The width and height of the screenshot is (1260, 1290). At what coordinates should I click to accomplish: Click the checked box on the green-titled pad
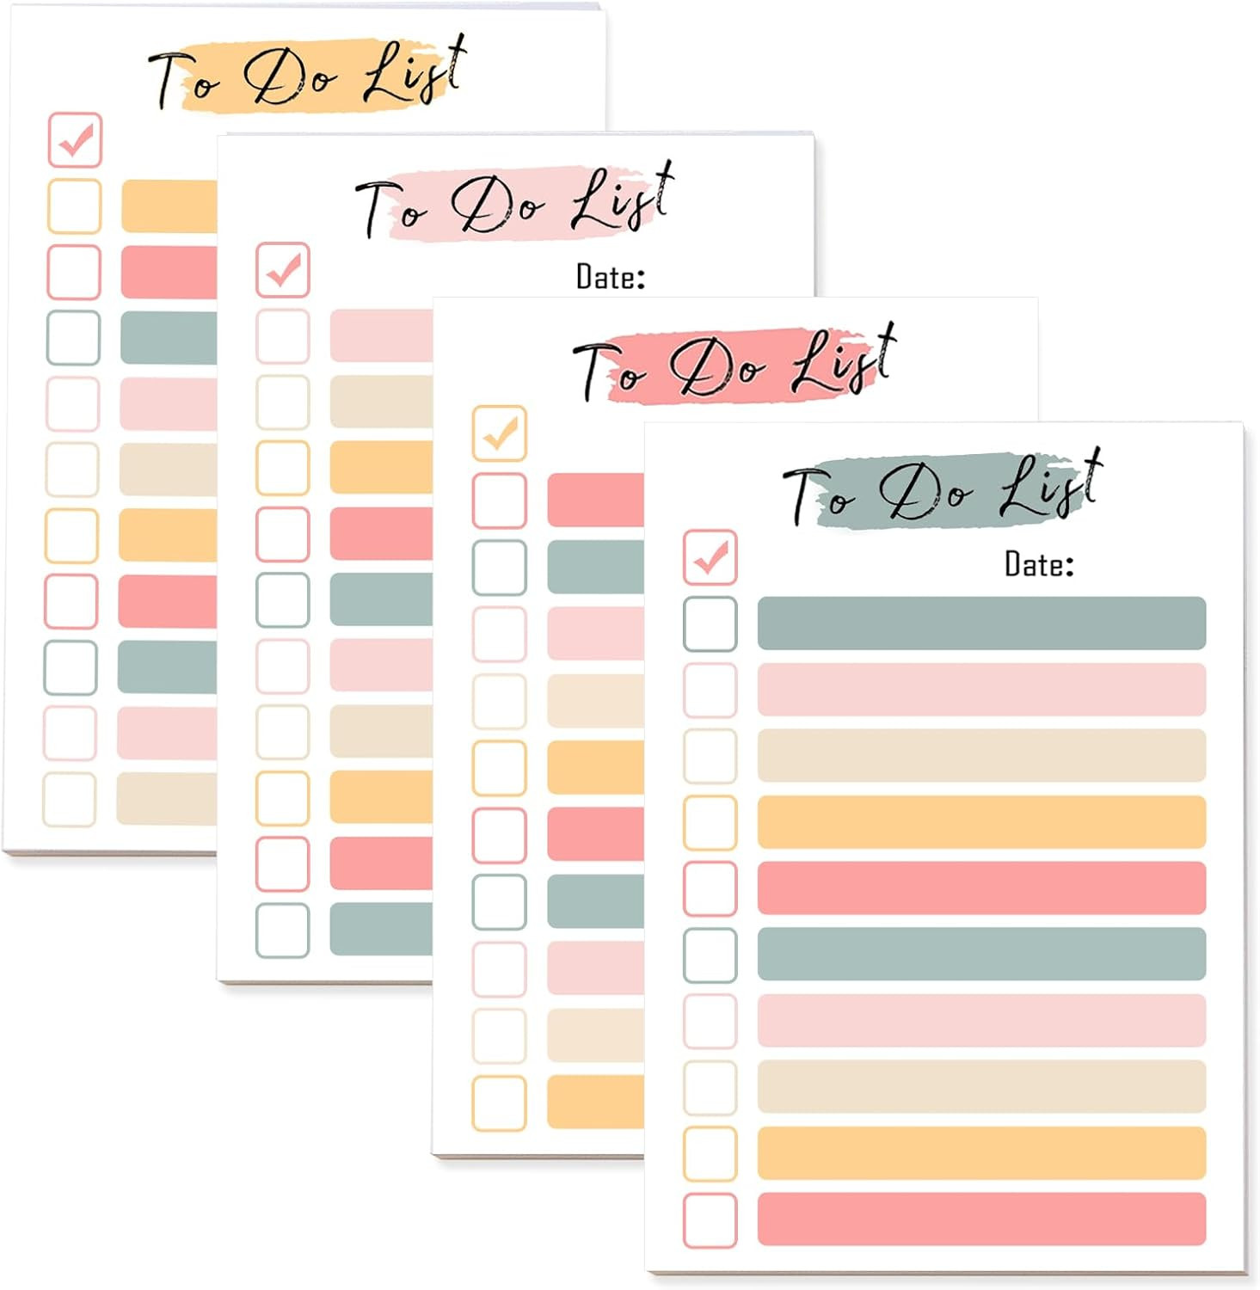click(710, 556)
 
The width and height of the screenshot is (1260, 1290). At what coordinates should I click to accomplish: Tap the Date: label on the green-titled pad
click(1039, 564)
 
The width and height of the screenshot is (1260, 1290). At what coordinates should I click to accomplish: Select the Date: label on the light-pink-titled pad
click(611, 277)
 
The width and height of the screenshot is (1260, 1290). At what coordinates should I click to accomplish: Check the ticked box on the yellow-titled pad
click(75, 139)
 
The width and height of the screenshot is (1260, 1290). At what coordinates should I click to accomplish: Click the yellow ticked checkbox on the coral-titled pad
click(500, 433)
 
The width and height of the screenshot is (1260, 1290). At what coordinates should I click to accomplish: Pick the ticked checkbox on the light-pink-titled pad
click(283, 270)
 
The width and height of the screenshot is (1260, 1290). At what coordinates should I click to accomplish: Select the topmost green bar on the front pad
click(981, 623)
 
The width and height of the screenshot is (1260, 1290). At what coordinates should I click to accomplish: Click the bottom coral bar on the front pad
click(981, 1219)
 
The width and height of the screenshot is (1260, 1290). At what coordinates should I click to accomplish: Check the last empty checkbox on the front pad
click(710, 1220)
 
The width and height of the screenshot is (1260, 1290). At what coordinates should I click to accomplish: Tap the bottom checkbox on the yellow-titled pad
click(70, 800)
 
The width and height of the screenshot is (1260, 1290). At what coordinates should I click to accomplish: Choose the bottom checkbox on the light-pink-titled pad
click(283, 931)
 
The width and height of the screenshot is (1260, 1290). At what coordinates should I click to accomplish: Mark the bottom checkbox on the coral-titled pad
click(500, 1103)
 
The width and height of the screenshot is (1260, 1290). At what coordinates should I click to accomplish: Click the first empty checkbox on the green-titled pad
click(710, 623)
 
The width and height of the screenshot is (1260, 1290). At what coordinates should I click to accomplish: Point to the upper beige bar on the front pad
click(981, 755)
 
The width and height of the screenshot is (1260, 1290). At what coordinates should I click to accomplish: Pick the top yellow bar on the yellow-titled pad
click(169, 206)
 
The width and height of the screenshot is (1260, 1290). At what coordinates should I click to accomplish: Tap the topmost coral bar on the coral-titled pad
click(595, 499)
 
